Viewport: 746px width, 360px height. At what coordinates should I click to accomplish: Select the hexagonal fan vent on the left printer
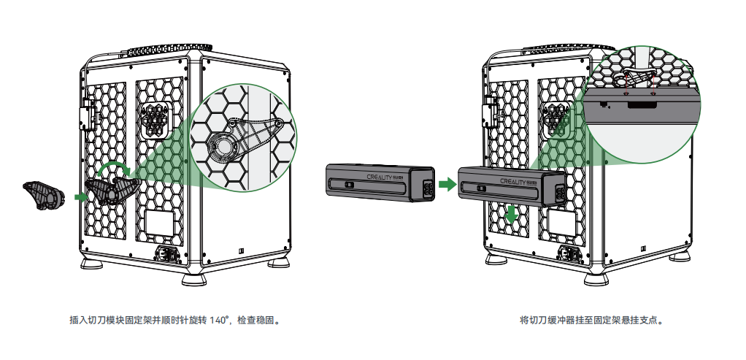pyautogui.click(x=155, y=119)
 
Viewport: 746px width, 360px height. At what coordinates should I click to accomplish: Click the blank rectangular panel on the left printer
pyautogui.click(x=158, y=224)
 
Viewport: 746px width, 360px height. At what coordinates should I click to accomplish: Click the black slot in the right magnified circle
pyautogui.click(x=643, y=105)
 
